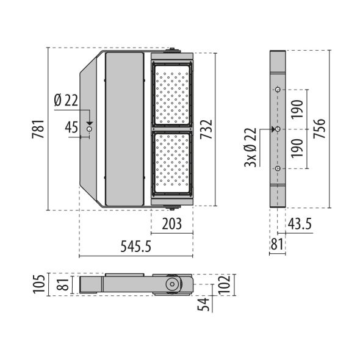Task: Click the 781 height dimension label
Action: point(37,129)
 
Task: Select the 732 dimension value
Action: point(207,129)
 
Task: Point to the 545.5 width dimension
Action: point(136,247)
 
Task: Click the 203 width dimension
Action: point(172,224)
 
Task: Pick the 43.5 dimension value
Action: point(299,224)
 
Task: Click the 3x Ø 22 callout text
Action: point(250,148)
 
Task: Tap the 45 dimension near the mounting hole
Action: point(71,128)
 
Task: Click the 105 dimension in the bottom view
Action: point(38,284)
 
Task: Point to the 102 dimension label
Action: point(223,284)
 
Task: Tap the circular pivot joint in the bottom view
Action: point(173,284)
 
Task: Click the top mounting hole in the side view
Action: point(278,90)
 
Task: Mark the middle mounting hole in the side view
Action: point(278,129)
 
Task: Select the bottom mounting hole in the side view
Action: point(278,168)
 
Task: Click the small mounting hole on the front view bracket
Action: point(90,129)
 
